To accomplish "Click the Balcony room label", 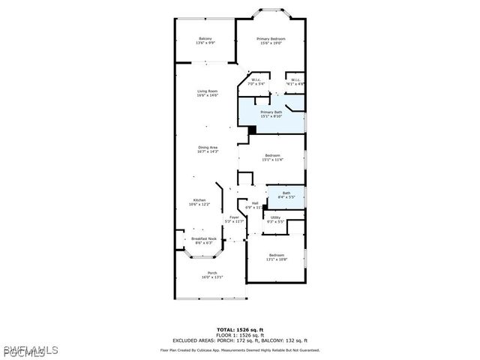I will click(205, 40).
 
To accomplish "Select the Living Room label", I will click(207, 93).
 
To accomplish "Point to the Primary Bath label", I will click(271, 114).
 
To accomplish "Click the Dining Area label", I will click(207, 149).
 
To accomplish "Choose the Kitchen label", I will click(199, 202).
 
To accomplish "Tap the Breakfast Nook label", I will click(204, 241).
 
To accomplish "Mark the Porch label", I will click(212, 274).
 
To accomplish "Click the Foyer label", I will click(235, 219).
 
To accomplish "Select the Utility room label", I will click(275, 219).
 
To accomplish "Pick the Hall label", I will click(255, 205).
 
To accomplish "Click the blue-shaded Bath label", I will click(286, 195).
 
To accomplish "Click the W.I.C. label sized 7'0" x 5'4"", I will click(256, 82).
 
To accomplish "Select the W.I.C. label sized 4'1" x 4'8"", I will click(295, 82).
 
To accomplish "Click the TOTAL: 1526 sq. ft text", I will click(240, 329).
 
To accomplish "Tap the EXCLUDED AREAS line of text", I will click(240, 340).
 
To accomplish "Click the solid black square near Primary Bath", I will click(252, 129).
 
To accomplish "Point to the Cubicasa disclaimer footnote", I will click(240, 349).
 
